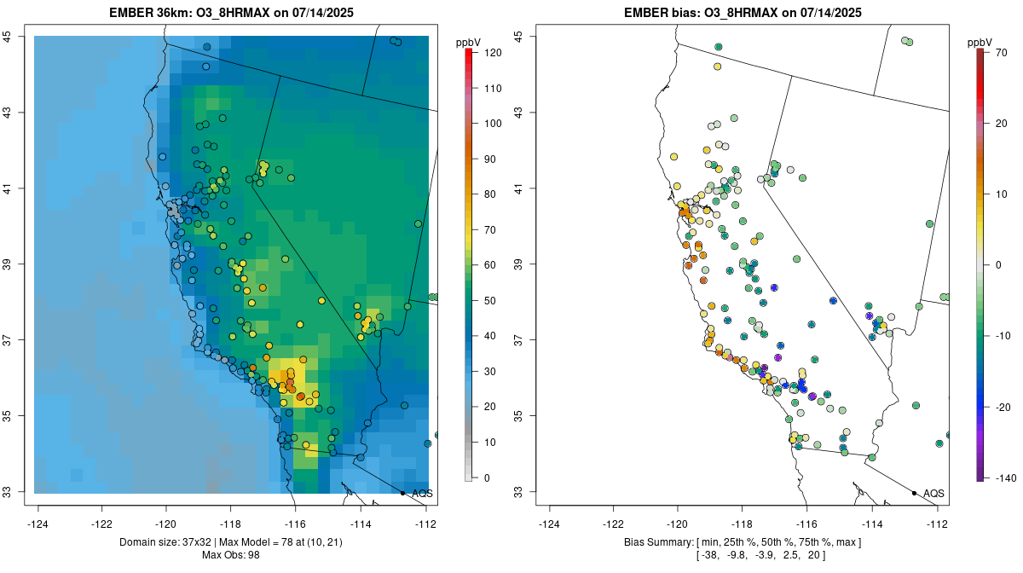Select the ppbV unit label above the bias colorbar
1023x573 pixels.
980,42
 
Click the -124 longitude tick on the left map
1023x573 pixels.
38,522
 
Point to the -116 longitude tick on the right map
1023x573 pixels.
806,522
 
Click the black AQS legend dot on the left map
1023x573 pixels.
402,493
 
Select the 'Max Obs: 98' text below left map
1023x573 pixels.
230,555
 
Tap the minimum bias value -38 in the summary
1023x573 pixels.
709,555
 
